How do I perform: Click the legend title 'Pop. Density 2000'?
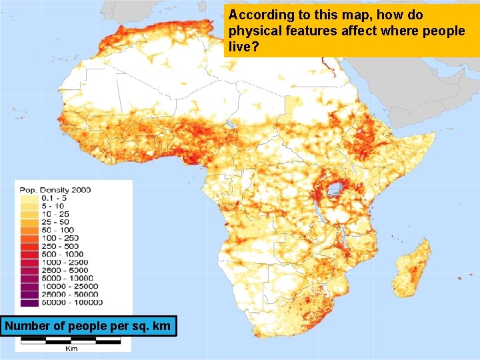55,190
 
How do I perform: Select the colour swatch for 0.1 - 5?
29,198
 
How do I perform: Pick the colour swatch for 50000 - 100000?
29,302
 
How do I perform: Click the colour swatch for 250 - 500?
29,246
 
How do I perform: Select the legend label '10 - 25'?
54,214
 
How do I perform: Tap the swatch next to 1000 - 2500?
29,262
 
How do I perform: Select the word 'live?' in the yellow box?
243,48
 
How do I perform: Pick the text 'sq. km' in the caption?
153,326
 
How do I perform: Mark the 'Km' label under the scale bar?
71,348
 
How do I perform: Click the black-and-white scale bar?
70,340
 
